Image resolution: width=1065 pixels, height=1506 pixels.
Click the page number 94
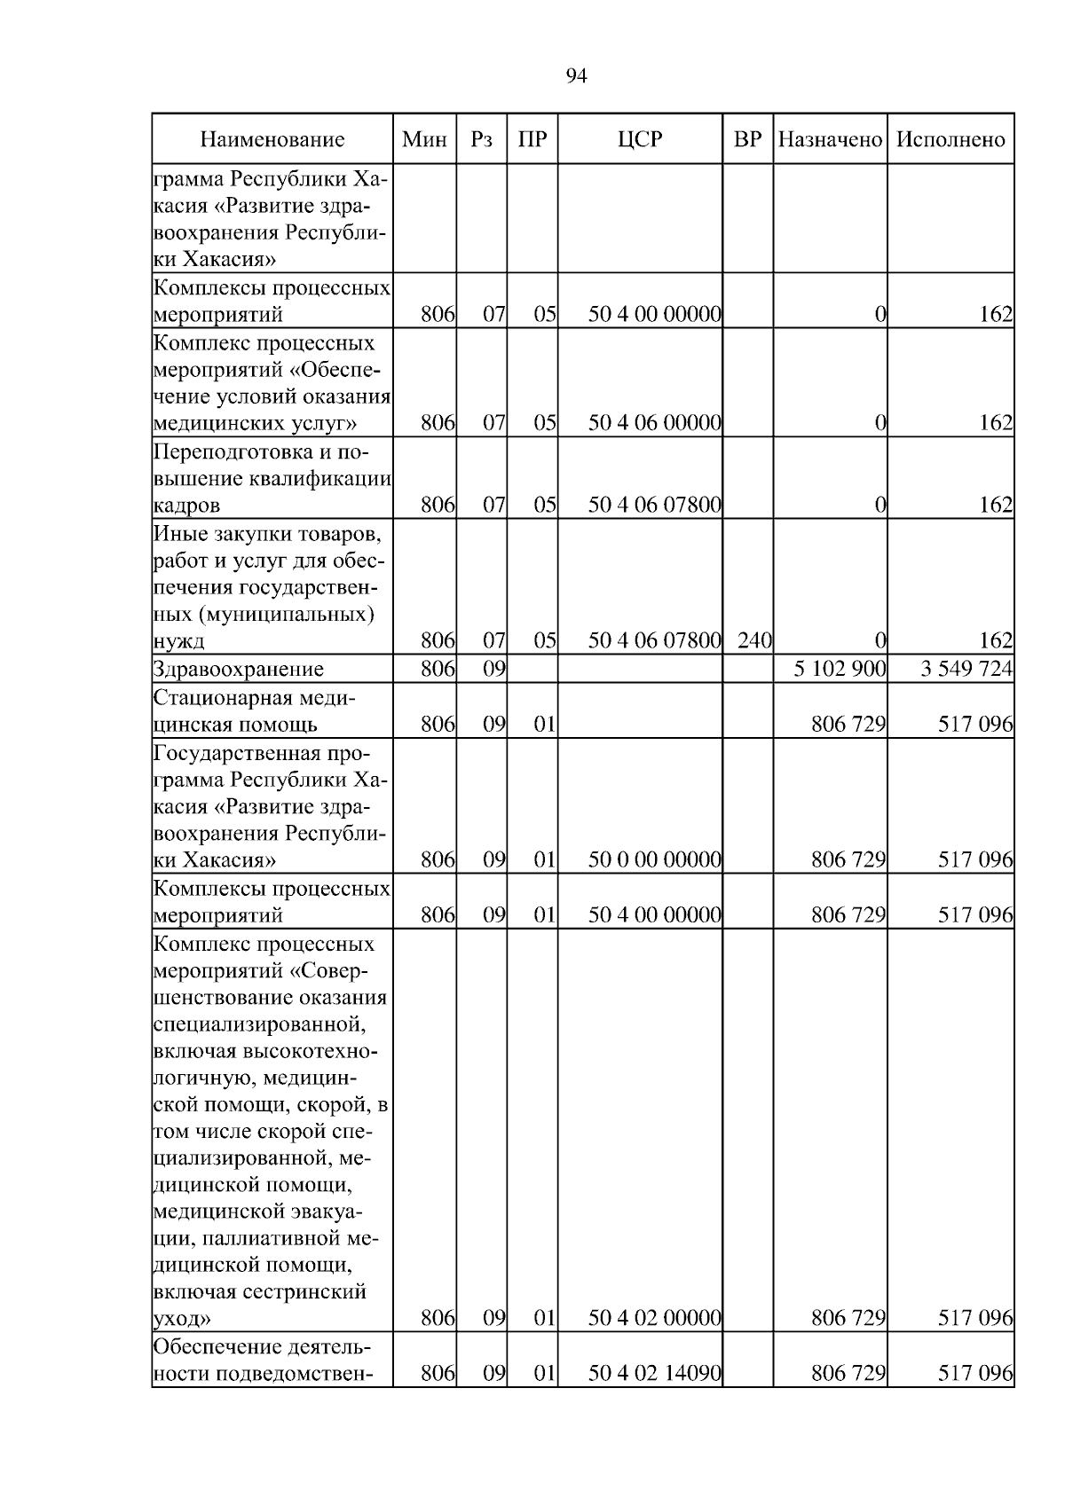(x=576, y=76)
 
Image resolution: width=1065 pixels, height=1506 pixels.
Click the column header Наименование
(x=272, y=139)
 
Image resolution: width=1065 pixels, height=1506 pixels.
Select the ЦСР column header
(x=640, y=139)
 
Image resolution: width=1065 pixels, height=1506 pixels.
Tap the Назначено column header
(x=830, y=139)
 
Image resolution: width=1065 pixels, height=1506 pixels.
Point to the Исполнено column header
(x=951, y=139)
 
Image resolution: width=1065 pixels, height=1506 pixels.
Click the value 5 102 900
(x=840, y=669)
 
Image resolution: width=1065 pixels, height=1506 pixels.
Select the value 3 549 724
(x=966, y=669)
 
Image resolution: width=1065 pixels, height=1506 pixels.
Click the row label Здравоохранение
(x=239, y=669)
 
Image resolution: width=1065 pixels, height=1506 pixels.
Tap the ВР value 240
(x=753, y=640)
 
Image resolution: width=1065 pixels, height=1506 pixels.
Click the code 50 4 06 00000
(x=654, y=423)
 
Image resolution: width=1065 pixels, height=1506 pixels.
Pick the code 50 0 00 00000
(x=654, y=859)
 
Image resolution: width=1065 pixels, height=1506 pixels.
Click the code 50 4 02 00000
(x=654, y=1319)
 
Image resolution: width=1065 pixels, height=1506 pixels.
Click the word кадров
(x=185, y=506)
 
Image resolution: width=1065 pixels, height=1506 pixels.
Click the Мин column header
(x=424, y=139)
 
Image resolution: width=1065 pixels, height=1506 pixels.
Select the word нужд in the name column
(x=179, y=641)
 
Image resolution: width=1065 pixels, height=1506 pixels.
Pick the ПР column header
(x=532, y=139)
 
